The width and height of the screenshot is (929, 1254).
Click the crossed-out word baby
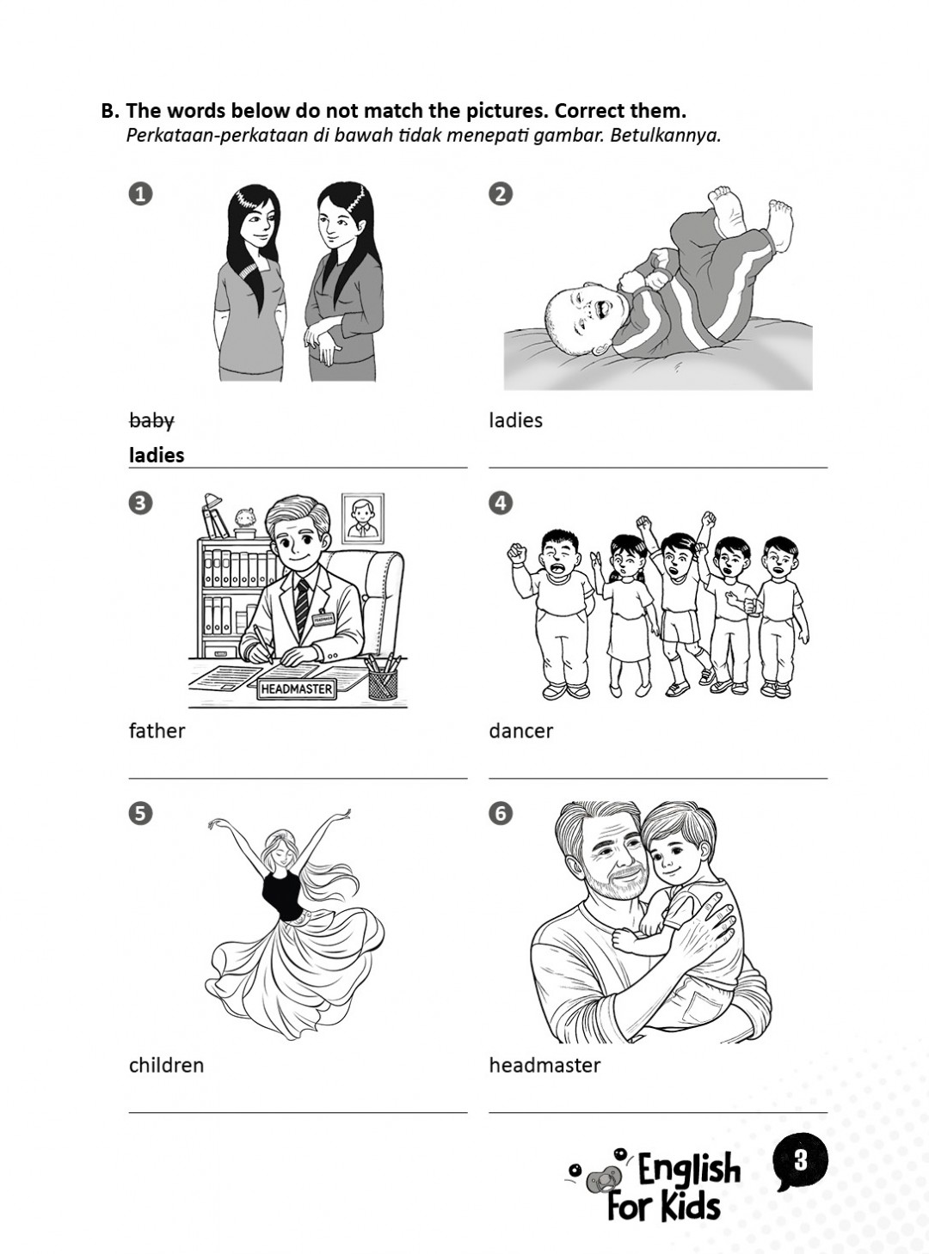click(x=151, y=421)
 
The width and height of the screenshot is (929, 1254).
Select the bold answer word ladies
click(x=157, y=456)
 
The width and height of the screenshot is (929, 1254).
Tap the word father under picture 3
click(x=157, y=731)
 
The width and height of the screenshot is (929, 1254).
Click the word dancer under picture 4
click(x=520, y=731)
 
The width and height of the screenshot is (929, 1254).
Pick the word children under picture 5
click(x=166, y=1066)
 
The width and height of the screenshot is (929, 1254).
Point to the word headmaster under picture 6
click(x=544, y=1066)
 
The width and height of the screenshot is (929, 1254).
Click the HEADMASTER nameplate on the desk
click(x=296, y=688)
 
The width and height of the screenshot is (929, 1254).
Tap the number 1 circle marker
click(x=140, y=193)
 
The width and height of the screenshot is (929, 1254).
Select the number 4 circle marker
click(x=500, y=503)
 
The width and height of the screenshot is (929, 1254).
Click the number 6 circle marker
click(x=500, y=813)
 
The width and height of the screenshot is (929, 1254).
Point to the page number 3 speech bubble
click(x=800, y=1161)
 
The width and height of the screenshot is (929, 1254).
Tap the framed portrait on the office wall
click(x=363, y=517)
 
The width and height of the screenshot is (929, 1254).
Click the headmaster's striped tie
click(x=301, y=605)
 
